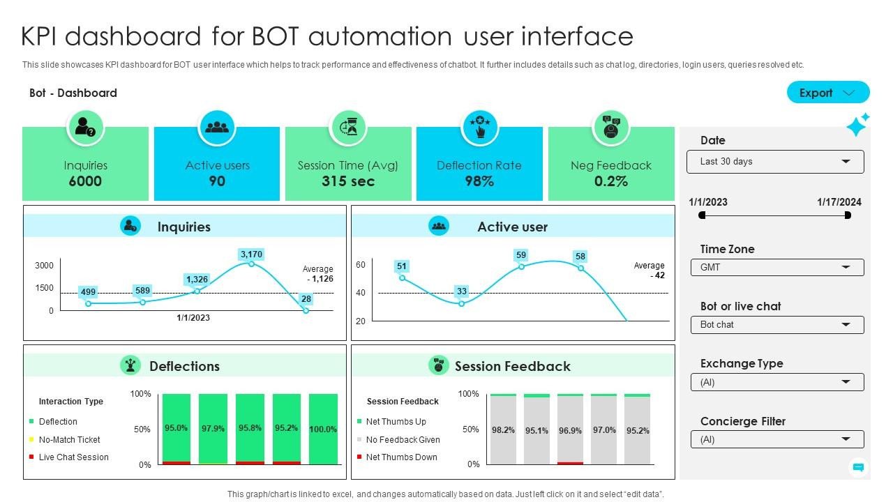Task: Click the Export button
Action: (827, 93)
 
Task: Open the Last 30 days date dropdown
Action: (775, 162)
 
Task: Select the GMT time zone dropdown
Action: (777, 268)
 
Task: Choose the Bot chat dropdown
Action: (777, 325)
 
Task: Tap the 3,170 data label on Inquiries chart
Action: (251, 254)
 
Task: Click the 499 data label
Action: (88, 292)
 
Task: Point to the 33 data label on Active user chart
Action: (461, 291)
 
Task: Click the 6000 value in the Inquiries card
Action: (85, 181)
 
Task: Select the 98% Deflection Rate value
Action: (479, 181)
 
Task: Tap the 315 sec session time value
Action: (347, 181)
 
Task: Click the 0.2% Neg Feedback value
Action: (610, 181)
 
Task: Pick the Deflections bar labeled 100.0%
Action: (323, 429)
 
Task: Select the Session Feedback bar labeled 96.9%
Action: (570, 430)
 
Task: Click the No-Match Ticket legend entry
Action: (69, 440)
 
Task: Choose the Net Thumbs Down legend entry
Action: (401, 457)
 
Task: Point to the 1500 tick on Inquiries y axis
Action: (44, 288)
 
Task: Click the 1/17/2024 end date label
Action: (839, 202)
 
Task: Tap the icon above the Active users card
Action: (217, 128)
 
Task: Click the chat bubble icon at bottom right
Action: (859, 467)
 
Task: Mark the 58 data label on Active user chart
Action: (580, 257)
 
